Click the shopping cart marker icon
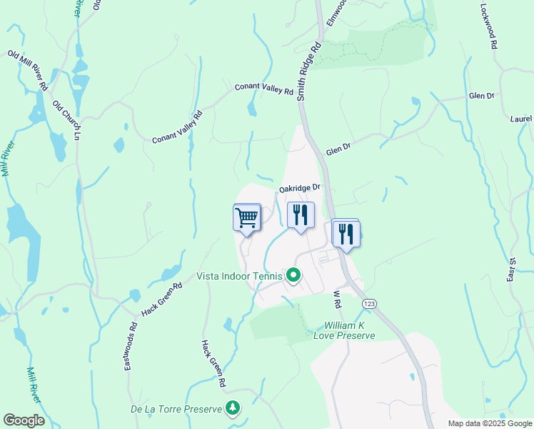click(x=246, y=217)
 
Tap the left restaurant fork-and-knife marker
click(x=301, y=214)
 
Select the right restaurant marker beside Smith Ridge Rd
click(x=346, y=233)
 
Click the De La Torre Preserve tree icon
click(x=232, y=408)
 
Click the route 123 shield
click(x=369, y=304)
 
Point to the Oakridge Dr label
click(x=302, y=188)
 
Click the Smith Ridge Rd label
click(x=309, y=69)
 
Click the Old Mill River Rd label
click(x=29, y=69)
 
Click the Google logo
click(x=24, y=420)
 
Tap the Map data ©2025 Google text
click(x=489, y=423)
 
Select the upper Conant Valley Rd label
click(x=265, y=89)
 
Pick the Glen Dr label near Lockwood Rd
click(x=481, y=96)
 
